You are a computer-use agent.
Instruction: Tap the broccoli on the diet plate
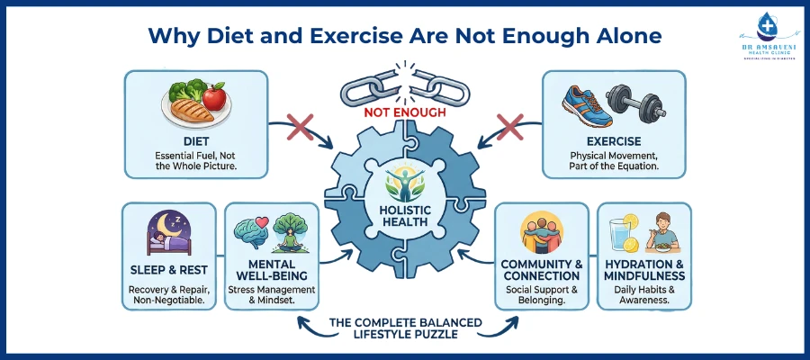[185, 93]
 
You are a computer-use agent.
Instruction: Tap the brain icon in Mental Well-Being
[248, 231]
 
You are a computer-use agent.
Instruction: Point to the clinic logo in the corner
[764, 38]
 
